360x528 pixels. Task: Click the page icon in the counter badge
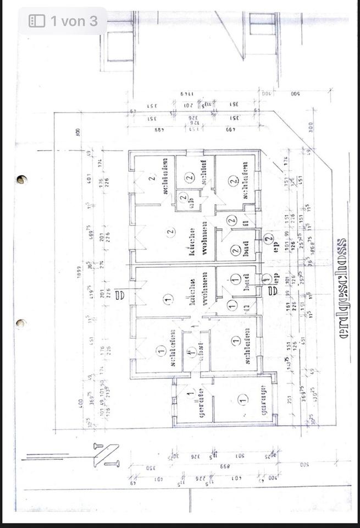37,21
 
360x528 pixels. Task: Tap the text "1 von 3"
74,21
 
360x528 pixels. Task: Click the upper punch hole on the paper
21,179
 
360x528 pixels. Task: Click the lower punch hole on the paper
21,323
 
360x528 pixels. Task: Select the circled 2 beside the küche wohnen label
170,232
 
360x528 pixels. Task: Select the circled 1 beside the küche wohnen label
168,299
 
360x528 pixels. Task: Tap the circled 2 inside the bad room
235,251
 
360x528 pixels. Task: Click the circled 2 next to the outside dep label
268,239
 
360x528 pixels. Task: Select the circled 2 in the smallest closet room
183,196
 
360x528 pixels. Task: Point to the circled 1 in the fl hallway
232,304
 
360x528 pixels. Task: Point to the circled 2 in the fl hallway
231,220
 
